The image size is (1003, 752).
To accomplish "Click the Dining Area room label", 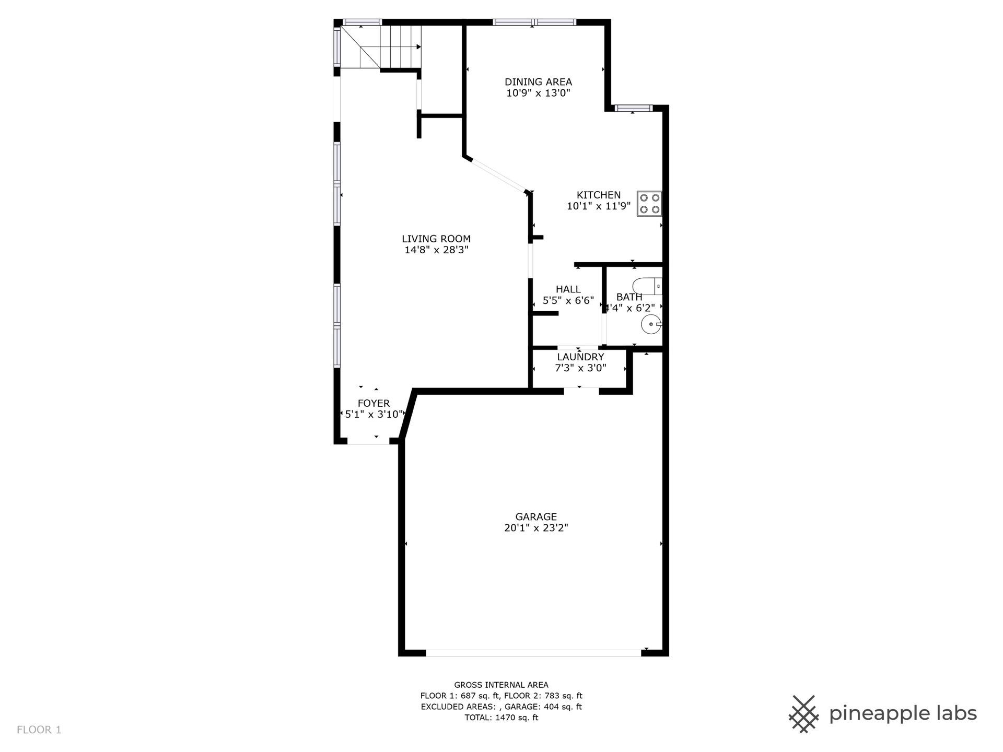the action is click(x=538, y=82).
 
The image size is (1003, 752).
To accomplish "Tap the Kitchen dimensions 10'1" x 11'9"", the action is click(x=599, y=206).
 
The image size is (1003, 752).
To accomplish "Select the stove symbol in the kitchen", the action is click(x=649, y=204).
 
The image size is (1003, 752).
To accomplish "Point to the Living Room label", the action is click(x=436, y=239).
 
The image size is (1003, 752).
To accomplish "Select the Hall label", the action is click(x=568, y=289).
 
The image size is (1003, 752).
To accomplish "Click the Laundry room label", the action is click(x=580, y=357).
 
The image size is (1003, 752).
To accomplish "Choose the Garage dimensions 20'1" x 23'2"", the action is click(x=536, y=528).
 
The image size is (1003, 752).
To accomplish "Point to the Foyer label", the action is click(x=374, y=403).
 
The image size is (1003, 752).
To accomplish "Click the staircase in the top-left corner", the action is click(x=380, y=47).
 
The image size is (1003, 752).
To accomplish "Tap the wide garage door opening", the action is click(x=533, y=653).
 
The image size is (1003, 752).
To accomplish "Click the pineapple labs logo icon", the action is click(x=804, y=714).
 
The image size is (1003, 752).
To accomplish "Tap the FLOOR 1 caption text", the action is click(x=39, y=730).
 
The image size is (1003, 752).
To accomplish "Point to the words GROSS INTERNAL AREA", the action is click(x=501, y=685).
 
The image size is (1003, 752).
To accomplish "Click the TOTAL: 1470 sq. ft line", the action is click(x=501, y=718).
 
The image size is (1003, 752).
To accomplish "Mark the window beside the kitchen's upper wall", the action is click(x=633, y=109).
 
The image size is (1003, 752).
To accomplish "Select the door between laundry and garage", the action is click(x=581, y=390).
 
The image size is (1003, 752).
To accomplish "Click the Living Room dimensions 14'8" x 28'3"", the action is click(x=436, y=250).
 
